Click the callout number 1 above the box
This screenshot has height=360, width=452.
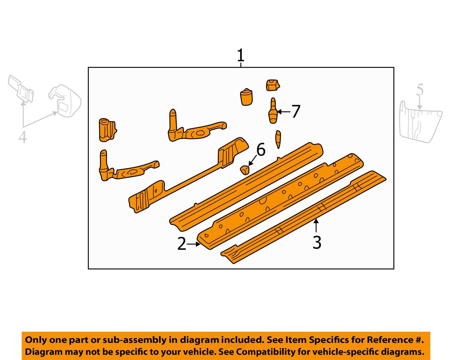[x=240, y=56]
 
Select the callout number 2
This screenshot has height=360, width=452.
[x=182, y=244]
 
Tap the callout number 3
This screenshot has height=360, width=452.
[x=317, y=243]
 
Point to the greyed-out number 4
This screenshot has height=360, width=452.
[x=22, y=138]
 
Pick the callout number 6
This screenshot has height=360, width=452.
[x=261, y=150]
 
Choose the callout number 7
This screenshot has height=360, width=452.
[x=296, y=112]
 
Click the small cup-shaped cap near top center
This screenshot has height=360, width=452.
[x=246, y=97]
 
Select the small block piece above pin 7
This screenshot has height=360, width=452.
[x=272, y=85]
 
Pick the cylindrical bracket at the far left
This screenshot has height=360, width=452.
[x=106, y=130]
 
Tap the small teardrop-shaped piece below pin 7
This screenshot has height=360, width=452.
[x=278, y=138]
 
